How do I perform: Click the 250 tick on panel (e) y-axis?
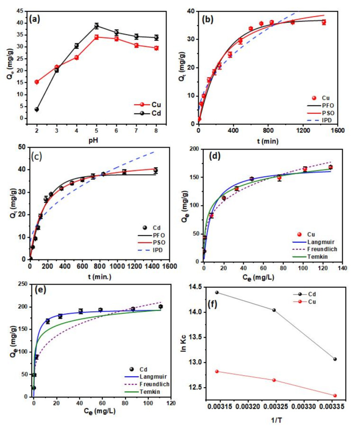(x=23, y=284)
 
